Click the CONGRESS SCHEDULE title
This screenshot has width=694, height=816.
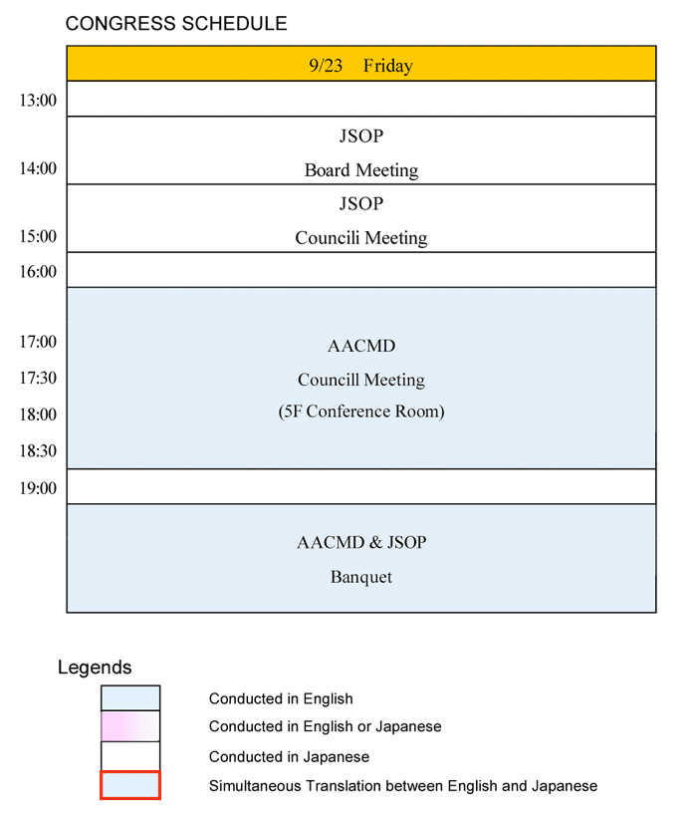pyautogui.click(x=176, y=24)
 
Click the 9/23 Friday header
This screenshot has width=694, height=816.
pyautogui.click(x=361, y=66)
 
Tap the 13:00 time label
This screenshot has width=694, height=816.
pyautogui.click(x=38, y=100)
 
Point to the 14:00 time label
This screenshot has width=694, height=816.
pyautogui.click(x=38, y=168)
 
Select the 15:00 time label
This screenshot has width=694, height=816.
pyautogui.click(x=38, y=236)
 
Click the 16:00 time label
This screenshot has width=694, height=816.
pyautogui.click(x=38, y=271)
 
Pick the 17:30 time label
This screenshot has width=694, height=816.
pyautogui.click(x=38, y=378)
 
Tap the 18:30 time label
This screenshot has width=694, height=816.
pyautogui.click(x=38, y=450)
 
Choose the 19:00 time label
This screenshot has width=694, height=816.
pyautogui.click(x=38, y=488)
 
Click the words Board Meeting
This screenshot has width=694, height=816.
pyautogui.click(x=361, y=170)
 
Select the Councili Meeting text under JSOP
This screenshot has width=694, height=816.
pyautogui.click(x=361, y=238)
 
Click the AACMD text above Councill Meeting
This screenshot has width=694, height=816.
pyautogui.click(x=361, y=346)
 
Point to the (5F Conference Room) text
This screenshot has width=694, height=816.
pyautogui.click(x=361, y=411)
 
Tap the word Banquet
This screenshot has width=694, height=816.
pyautogui.click(x=361, y=577)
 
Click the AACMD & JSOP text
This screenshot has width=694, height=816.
pyautogui.click(x=361, y=543)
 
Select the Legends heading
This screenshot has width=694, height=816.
pyautogui.click(x=95, y=668)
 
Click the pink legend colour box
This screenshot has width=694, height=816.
pyautogui.click(x=130, y=726)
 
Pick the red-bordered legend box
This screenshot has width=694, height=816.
pyautogui.click(x=130, y=785)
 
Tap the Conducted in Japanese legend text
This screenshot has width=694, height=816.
pyautogui.click(x=290, y=756)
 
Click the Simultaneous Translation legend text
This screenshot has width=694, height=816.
pyautogui.click(x=403, y=786)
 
